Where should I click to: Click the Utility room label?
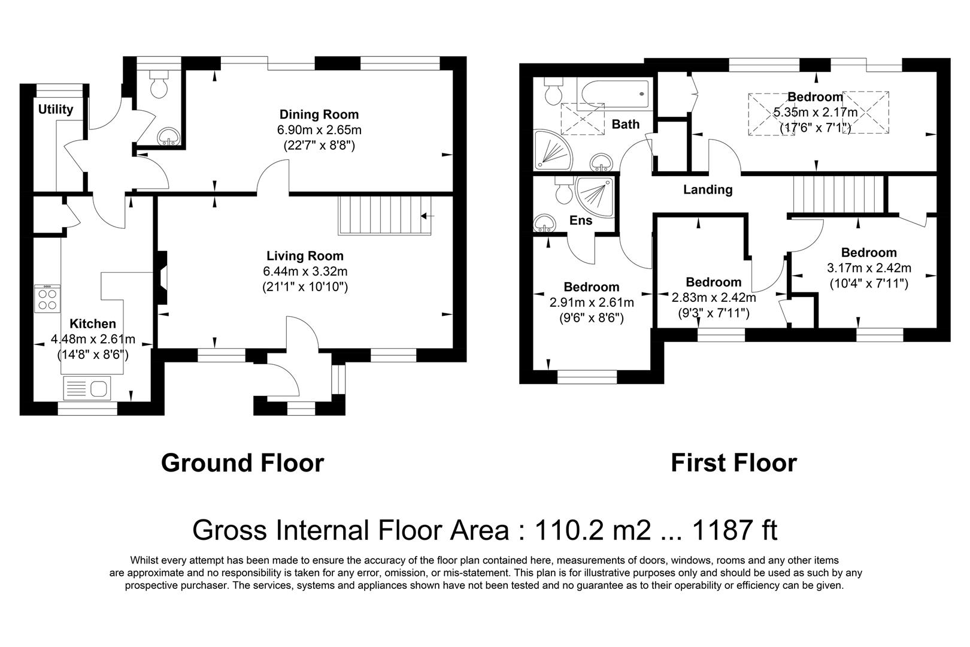pyautogui.click(x=56, y=109)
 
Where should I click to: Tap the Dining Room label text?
pyautogui.click(x=319, y=114)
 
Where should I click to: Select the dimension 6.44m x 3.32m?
pyautogui.click(x=305, y=271)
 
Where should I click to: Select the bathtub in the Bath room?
pyautogui.click(x=615, y=95)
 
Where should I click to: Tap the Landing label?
pyautogui.click(x=708, y=190)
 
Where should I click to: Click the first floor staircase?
pyautogui.click(x=838, y=194)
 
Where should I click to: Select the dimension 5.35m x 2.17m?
pyautogui.click(x=815, y=112)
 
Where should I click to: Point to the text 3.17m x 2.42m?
pyautogui.click(x=869, y=268)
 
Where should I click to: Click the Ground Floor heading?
pyautogui.click(x=242, y=463)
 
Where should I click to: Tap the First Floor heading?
pyautogui.click(x=733, y=463)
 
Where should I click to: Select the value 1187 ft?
pyautogui.click(x=734, y=530)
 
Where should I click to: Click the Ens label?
pyautogui.click(x=580, y=220)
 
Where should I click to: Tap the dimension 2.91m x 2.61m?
pyautogui.click(x=591, y=303)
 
